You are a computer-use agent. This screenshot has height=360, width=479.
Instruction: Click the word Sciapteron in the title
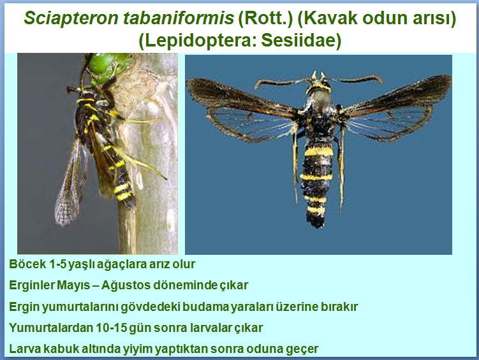point(71,18)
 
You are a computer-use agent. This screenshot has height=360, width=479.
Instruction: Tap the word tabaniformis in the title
point(179,18)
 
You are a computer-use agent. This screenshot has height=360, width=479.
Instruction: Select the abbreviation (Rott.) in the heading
point(265,18)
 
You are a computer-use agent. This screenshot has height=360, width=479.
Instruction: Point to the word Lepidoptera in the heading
point(196,41)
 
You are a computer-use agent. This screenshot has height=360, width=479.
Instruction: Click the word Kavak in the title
point(328,18)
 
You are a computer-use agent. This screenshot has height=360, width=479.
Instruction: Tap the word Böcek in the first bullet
point(28,264)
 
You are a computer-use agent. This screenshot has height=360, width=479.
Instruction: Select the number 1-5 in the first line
point(57,264)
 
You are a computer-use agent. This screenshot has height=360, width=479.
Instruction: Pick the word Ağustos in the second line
point(126,285)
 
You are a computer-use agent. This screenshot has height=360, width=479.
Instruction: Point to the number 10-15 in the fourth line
point(111,328)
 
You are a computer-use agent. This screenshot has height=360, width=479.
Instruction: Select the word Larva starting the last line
point(24,349)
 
